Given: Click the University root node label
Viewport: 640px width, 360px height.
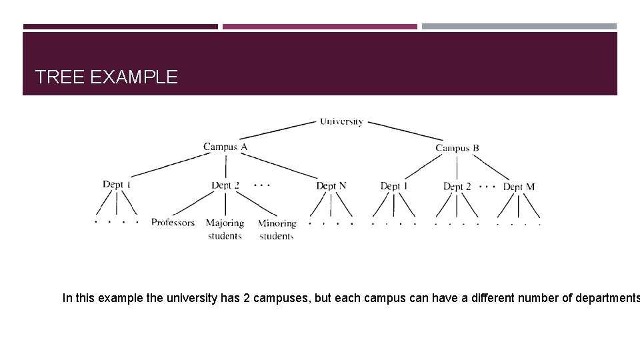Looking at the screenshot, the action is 341,121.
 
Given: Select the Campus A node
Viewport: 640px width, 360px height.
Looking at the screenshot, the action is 225,147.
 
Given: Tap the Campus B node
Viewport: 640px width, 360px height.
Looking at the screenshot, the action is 457,148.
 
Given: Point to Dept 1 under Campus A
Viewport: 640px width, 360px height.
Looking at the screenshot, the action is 117,184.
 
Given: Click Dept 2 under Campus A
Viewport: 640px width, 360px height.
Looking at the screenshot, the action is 225,185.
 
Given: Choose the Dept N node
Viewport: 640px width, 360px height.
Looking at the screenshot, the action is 331,186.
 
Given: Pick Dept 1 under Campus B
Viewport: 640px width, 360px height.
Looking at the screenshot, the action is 394,186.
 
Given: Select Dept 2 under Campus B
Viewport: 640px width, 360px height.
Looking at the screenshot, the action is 457,187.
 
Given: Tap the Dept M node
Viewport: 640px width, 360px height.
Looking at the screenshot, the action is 519,187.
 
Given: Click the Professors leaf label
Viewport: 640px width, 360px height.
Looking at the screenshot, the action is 173,222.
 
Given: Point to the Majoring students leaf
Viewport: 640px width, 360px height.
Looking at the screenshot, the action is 225,229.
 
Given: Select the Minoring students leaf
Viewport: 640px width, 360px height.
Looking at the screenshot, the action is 277,229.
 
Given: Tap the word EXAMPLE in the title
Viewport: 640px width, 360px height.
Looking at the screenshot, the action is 133,77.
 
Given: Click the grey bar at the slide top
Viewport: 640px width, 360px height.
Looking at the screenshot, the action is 519,27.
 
